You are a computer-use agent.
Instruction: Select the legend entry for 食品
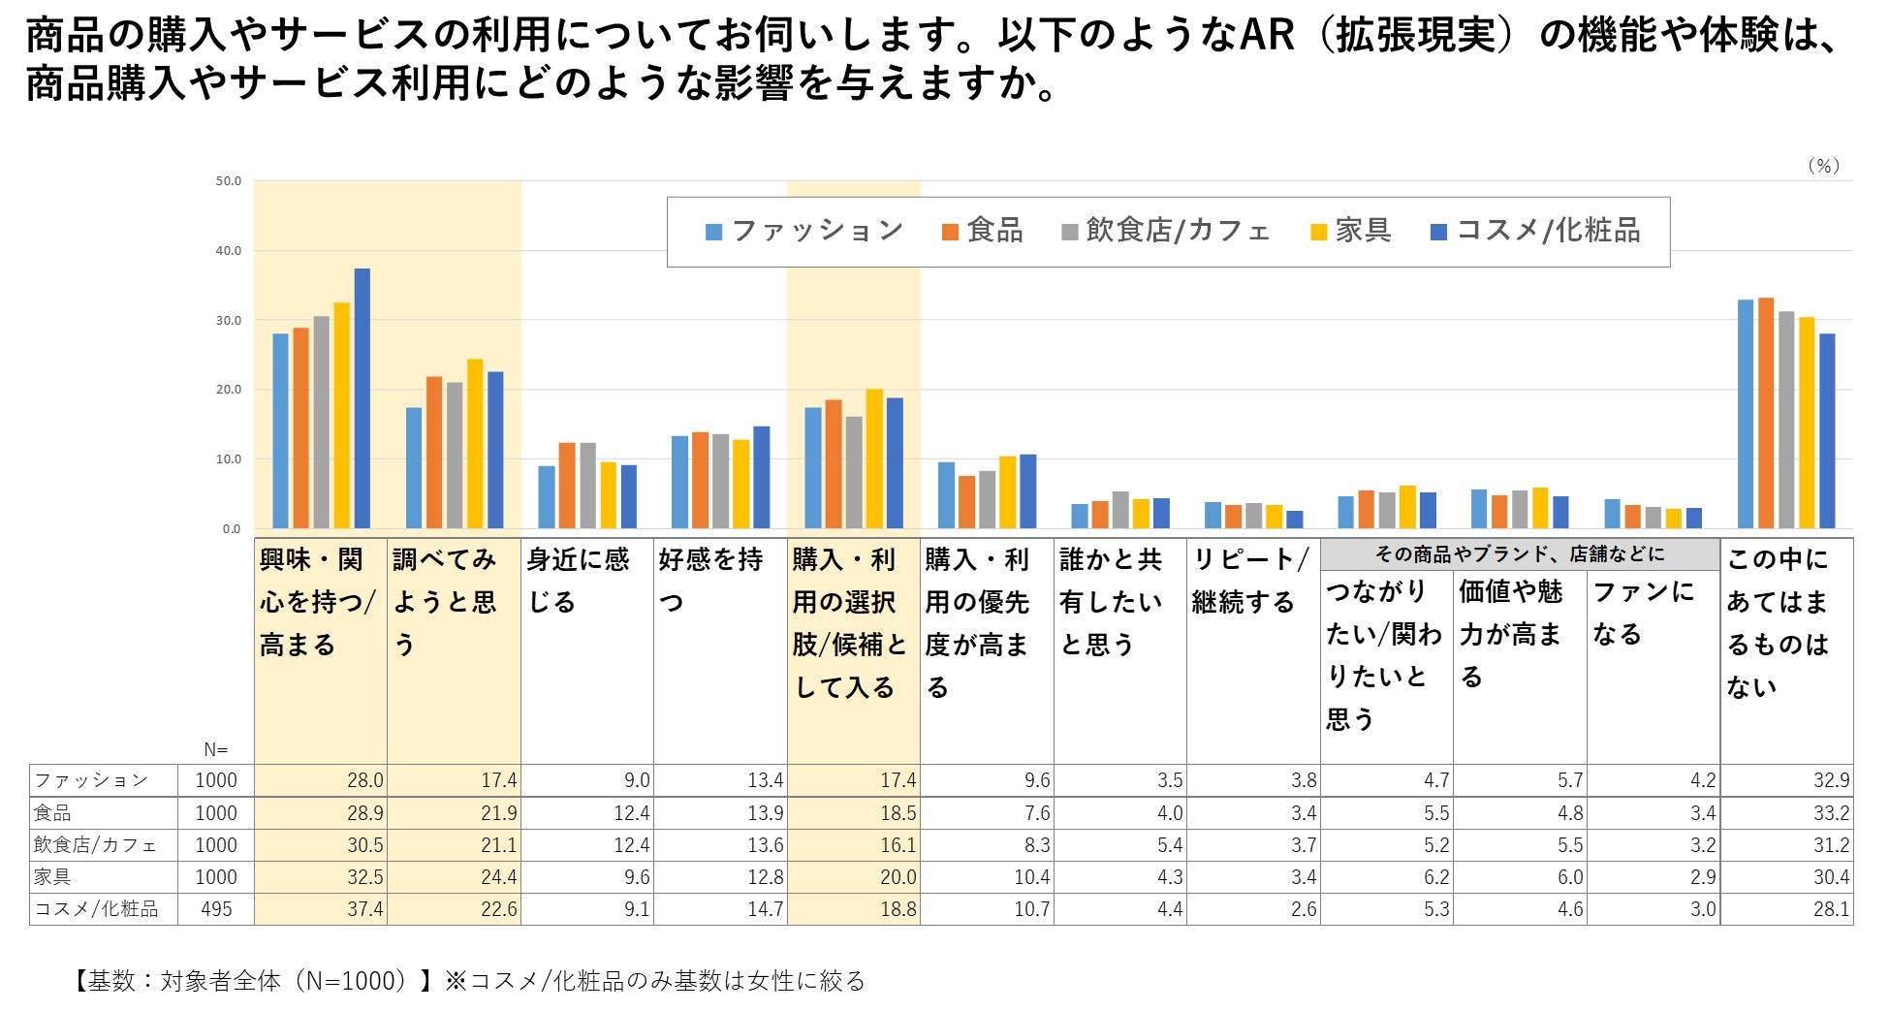(x=982, y=231)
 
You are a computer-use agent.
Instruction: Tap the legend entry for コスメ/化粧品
(x=1535, y=231)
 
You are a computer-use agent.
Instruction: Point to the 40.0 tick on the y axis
(x=228, y=251)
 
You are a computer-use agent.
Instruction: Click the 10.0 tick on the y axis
(x=228, y=459)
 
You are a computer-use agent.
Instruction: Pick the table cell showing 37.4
(x=364, y=909)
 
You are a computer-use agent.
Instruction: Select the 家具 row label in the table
(x=53, y=877)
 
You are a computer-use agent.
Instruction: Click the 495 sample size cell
(x=215, y=909)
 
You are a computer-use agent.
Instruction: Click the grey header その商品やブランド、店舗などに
(x=1519, y=554)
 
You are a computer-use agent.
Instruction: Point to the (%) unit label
(x=1823, y=166)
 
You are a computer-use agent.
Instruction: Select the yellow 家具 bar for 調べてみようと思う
(x=475, y=444)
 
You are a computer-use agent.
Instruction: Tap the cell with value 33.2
(x=1831, y=813)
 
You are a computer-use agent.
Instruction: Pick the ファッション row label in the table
(x=91, y=780)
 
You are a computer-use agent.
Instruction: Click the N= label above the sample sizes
(x=215, y=749)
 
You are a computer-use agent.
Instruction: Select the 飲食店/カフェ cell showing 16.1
(x=898, y=845)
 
